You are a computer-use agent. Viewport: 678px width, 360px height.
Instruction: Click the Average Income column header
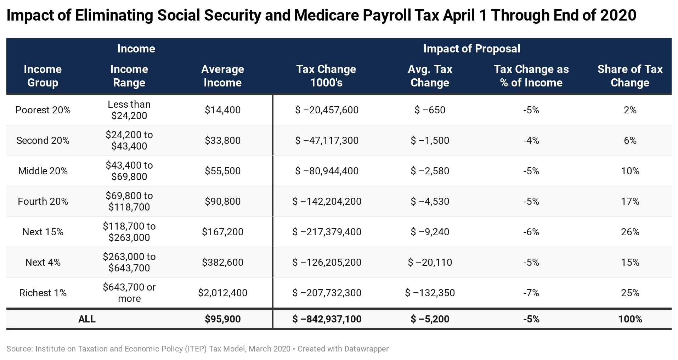pos(222,76)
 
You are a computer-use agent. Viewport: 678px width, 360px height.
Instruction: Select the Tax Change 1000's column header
pos(326,76)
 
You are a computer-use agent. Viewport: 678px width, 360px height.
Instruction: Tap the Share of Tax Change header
pos(630,76)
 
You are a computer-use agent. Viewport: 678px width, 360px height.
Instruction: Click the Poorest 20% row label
pos(43,110)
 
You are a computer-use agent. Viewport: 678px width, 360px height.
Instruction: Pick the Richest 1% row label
pos(43,293)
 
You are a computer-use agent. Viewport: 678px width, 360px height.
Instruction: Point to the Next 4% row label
pos(43,263)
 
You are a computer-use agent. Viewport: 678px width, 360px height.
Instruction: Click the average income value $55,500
pos(222,171)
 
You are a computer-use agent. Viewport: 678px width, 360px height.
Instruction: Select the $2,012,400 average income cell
pos(222,293)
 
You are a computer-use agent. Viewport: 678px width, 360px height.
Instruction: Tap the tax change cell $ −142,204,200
pos(327,202)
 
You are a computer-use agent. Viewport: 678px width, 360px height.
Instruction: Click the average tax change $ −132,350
pos(430,293)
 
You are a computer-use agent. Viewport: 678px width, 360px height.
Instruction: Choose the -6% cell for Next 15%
pos(531,232)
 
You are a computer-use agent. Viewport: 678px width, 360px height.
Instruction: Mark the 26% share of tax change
pos(630,232)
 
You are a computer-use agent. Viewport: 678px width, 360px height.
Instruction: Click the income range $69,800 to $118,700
pos(129,202)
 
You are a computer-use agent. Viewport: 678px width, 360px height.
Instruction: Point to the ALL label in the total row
pos(87,319)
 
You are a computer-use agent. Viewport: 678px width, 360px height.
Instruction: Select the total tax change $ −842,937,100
pos(327,319)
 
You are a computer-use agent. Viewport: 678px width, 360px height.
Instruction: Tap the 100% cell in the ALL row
pos(630,319)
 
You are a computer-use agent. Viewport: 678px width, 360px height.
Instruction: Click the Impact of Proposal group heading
pos(471,49)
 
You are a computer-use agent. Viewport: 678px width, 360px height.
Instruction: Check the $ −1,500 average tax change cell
pos(430,141)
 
